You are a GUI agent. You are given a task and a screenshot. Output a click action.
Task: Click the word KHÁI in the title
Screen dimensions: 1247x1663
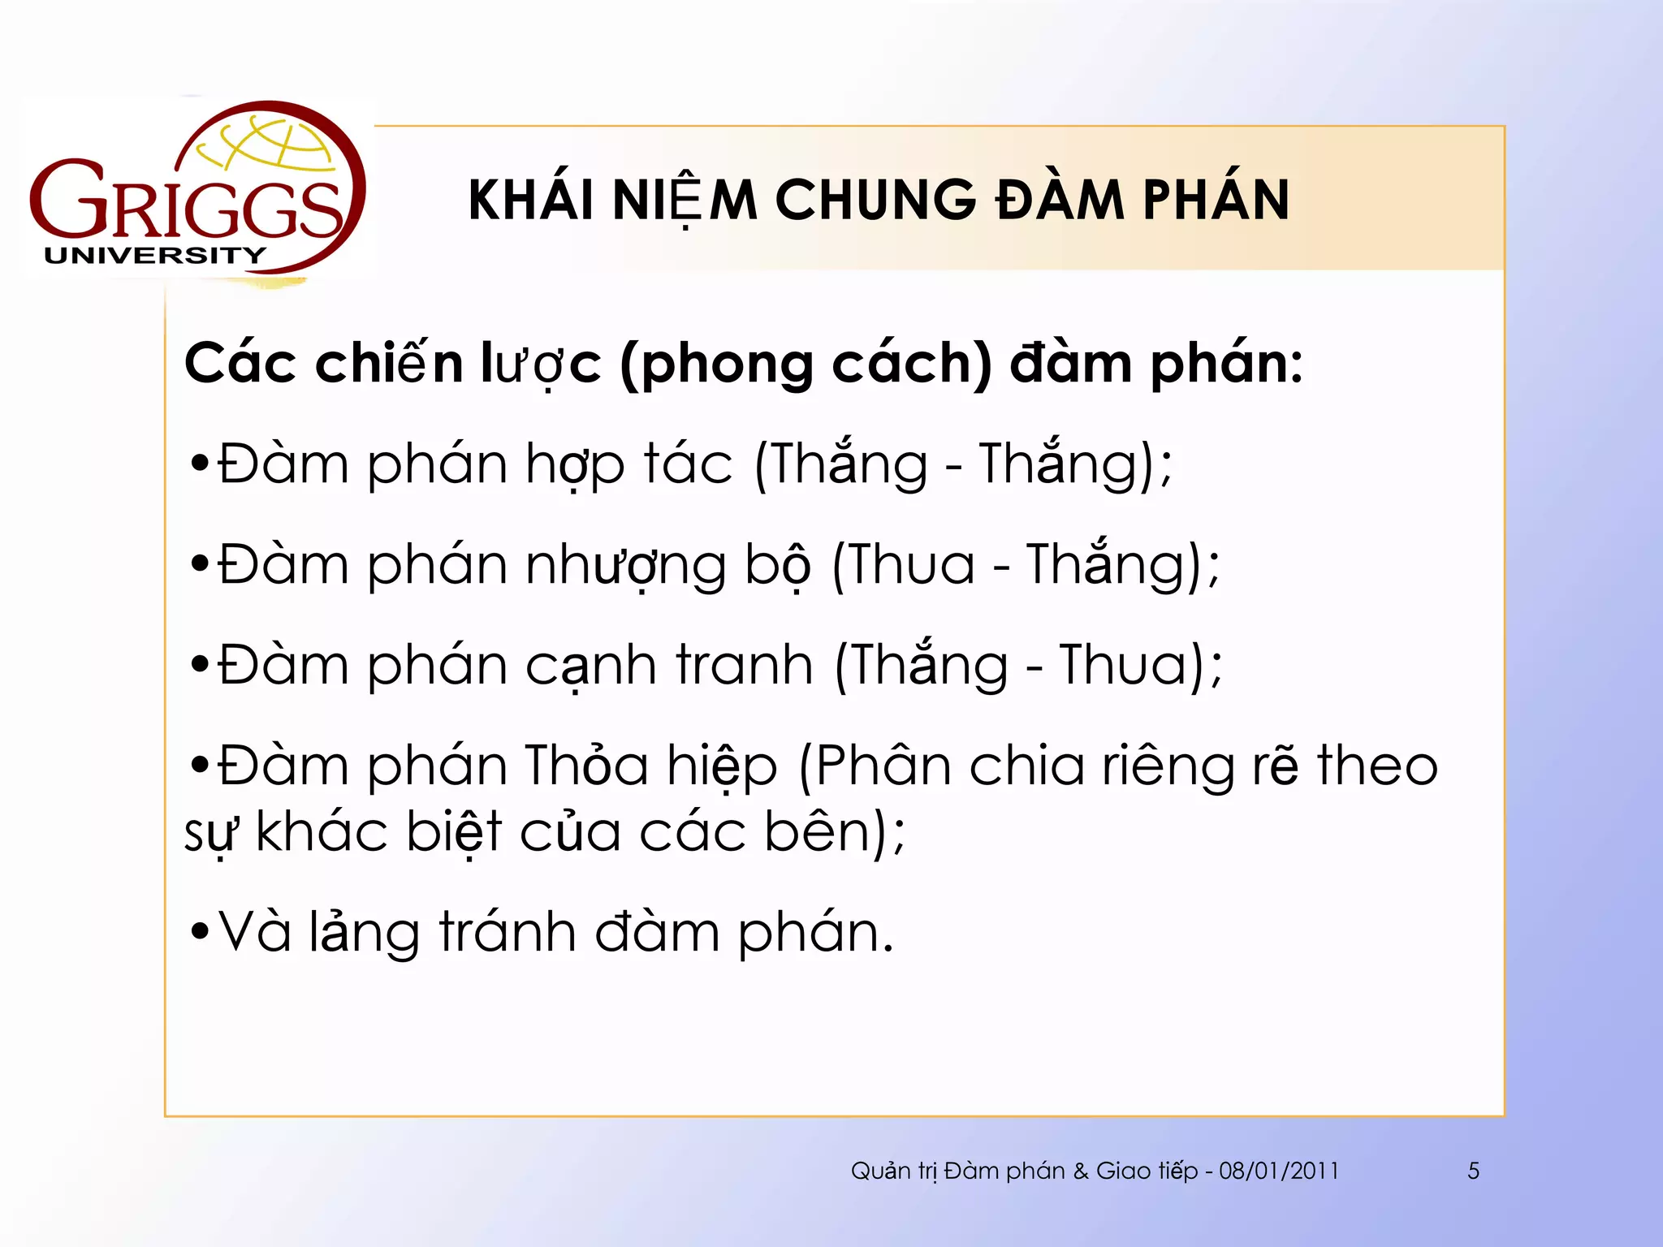pyautogui.click(x=531, y=200)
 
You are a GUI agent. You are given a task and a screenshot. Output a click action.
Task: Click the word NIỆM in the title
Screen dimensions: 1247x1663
pyautogui.click(x=685, y=200)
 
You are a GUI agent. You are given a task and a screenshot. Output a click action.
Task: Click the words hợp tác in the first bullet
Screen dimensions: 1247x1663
pyautogui.click(x=629, y=464)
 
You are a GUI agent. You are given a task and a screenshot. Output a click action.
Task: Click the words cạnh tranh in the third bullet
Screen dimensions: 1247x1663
pyautogui.click(x=669, y=666)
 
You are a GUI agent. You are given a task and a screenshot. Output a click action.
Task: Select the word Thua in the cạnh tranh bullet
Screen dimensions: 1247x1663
pyautogui.click(x=1124, y=666)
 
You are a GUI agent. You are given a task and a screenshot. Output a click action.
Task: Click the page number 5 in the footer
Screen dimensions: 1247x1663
pyautogui.click(x=1473, y=1171)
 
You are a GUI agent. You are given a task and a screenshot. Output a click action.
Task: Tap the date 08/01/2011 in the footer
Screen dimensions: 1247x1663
pyautogui.click(x=1279, y=1171)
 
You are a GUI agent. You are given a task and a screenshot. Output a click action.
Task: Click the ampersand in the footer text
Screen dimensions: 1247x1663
pyautogui.click(x=1080, y=1171)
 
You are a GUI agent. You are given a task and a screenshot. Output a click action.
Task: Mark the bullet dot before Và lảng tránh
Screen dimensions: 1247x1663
pyautogui.click(x=199, y=932)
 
